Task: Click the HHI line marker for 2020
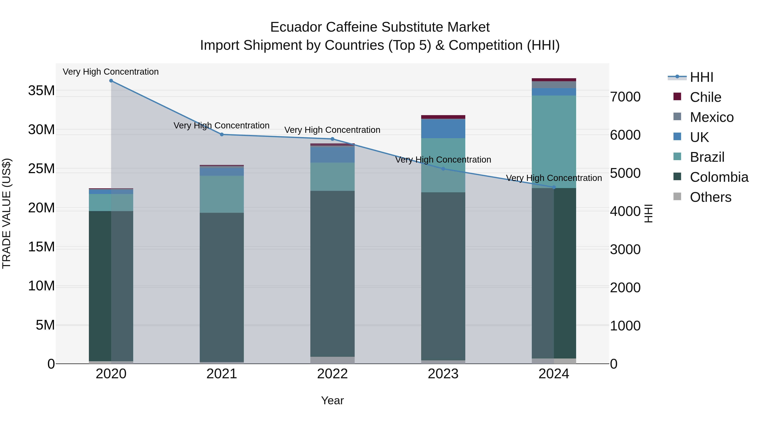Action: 111,81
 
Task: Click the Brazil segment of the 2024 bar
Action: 554,141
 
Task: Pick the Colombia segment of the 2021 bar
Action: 222,287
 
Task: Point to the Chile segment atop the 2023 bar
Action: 443,117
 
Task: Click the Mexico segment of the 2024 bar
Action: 554,85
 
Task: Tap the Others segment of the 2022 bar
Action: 332,360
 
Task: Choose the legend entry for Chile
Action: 705,97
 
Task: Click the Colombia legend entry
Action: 719,177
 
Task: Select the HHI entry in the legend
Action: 701,77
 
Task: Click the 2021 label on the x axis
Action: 222,374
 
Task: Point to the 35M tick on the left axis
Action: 41,90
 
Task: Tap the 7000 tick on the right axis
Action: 625,97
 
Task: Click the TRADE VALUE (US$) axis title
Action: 7,213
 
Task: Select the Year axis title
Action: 332,400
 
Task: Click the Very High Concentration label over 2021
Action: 222,125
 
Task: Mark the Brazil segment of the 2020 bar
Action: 111,202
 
